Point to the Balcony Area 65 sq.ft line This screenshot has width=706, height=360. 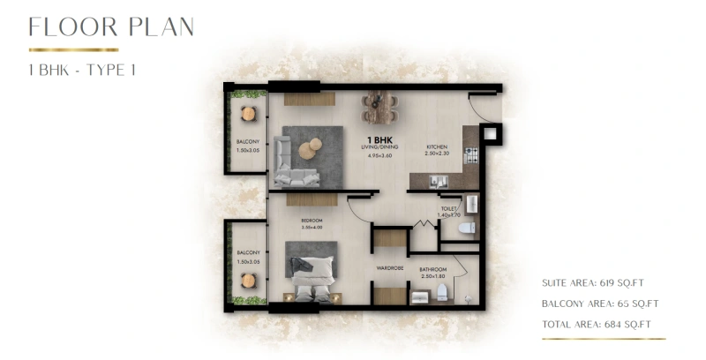click(600, 304)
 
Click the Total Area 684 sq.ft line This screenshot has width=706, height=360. click(596, 325)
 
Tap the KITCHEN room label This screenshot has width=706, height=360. click(438, 147)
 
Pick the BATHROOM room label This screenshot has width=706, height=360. click(433, 269)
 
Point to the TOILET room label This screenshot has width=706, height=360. click(449, 209)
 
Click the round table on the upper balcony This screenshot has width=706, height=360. click(248, 113)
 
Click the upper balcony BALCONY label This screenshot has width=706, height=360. click(247, 142)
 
